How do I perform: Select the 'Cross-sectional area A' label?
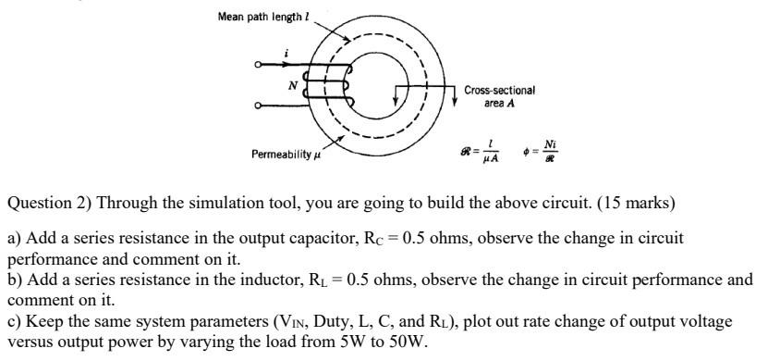click(x=499, y=96)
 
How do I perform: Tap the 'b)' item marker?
click(x=15, y=279)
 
